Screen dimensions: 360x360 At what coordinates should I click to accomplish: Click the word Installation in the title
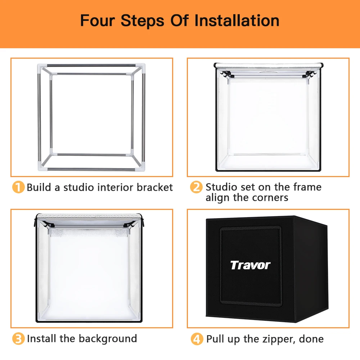(x=237, y=21)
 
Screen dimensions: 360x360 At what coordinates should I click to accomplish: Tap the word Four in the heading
(x=97, y=21)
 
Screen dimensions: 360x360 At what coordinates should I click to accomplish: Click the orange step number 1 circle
(x=18, y=187)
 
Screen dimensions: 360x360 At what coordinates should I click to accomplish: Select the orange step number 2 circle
(x=196, y=187)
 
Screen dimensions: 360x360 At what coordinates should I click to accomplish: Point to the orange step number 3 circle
(x=18, y=339)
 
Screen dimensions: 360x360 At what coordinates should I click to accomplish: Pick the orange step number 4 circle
(x=197, y=339)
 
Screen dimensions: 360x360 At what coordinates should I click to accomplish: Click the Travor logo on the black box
(x=250, y=265)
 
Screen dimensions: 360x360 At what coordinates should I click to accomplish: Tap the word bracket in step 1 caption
(x=154, y=187)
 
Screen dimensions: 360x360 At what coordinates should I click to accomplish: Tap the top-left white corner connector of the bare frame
(x=41, y=68)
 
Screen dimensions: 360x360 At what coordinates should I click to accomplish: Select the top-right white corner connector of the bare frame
(x=140, y=68)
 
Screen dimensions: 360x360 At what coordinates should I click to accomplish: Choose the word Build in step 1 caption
(x=39, y=187)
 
